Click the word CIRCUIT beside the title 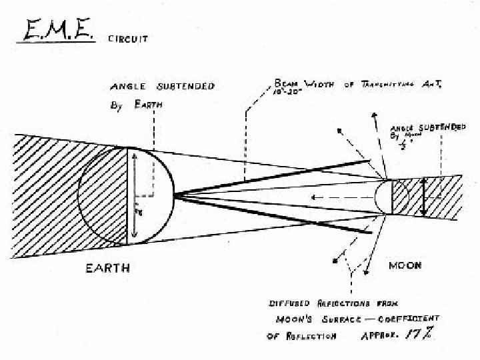(x=128, y=39)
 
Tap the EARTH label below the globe (x=107, y=268)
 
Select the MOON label (x=405, y=265)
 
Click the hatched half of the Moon (x=398, y=197)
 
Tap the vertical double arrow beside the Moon (x=423, y=197)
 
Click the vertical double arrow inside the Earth (x=134, y=196)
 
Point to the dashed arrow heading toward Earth (x=333, y=197)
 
